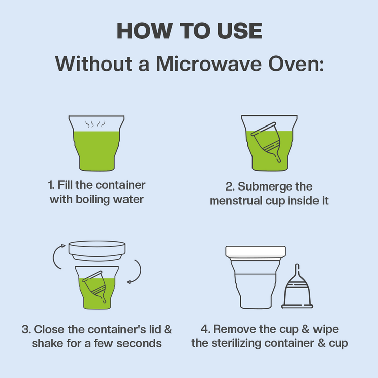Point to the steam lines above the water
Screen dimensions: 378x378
click(x=96, y=124)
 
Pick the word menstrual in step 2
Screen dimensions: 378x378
click(x=235, y=201)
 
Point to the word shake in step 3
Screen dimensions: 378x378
click(x=46, y=343)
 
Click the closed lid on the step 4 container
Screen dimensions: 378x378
click(x=255, y=251)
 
